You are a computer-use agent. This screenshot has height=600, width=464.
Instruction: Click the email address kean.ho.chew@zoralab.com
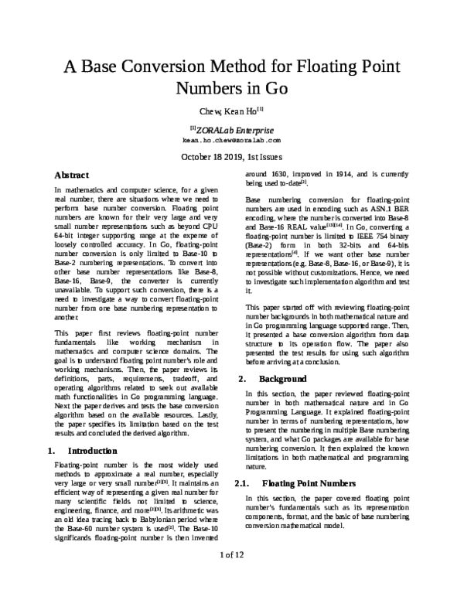point(231,141)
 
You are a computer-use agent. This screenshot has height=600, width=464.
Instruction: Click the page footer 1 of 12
point(231,576)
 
